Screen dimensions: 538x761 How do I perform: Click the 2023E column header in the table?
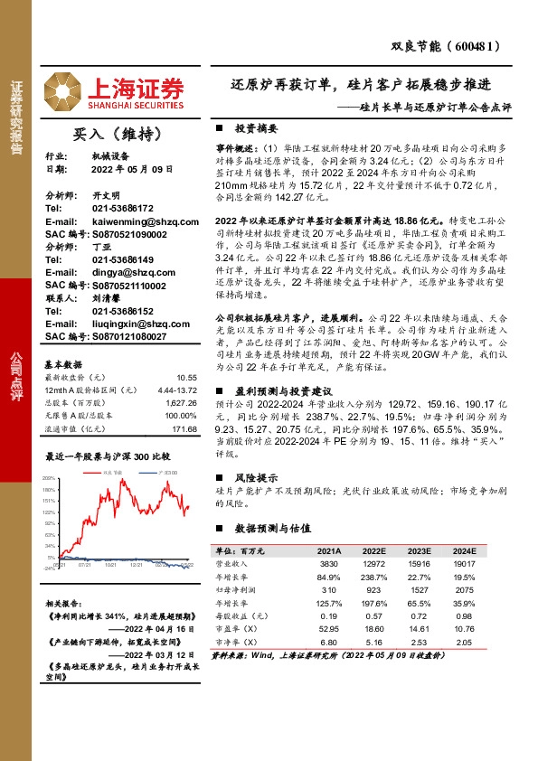pos(418,550)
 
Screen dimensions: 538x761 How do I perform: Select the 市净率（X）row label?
pos(233,640)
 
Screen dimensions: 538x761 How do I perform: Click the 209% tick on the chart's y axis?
pos(50,476)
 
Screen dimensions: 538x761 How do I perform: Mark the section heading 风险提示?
pos(254,475)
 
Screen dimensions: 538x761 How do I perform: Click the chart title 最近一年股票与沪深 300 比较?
pos(108,457)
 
